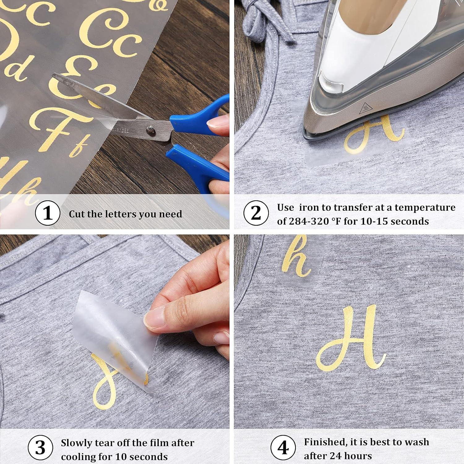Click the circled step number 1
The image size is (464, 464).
click(x=47, y=213)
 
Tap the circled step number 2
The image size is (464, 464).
click(x=256, y=213)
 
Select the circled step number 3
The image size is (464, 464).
click(x=40, y=448)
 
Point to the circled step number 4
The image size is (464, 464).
click(x=283, y=448)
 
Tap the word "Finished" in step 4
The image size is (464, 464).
click(x=325, y=442)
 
